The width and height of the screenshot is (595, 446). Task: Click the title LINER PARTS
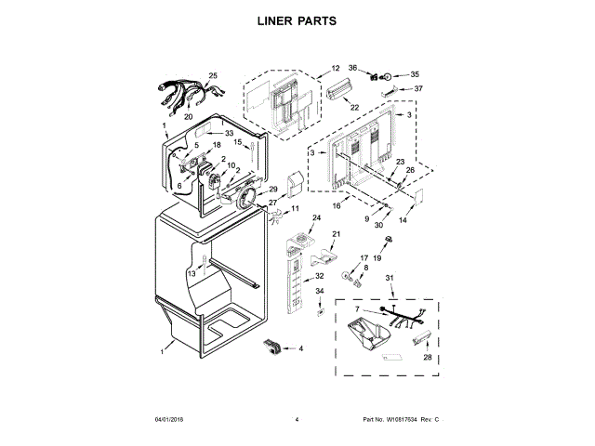297,20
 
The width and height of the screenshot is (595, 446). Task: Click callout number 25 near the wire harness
212,76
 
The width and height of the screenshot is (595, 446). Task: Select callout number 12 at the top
336,69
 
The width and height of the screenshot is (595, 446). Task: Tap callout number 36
353,67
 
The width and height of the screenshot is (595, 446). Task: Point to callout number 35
415,73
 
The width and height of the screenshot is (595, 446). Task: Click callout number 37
418,88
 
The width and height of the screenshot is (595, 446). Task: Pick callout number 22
354,108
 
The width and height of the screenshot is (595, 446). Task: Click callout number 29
273,190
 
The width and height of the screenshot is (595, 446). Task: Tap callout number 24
315,218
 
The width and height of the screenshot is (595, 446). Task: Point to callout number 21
337,233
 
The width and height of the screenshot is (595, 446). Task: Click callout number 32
319,276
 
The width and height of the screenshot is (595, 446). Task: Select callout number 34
319,291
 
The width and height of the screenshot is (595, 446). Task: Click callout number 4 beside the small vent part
300,348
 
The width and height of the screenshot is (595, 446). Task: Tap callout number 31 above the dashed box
390,279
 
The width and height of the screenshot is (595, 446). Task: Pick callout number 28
427,357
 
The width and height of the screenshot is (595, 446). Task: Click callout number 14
403,220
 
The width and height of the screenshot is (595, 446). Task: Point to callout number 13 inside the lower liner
192,274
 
